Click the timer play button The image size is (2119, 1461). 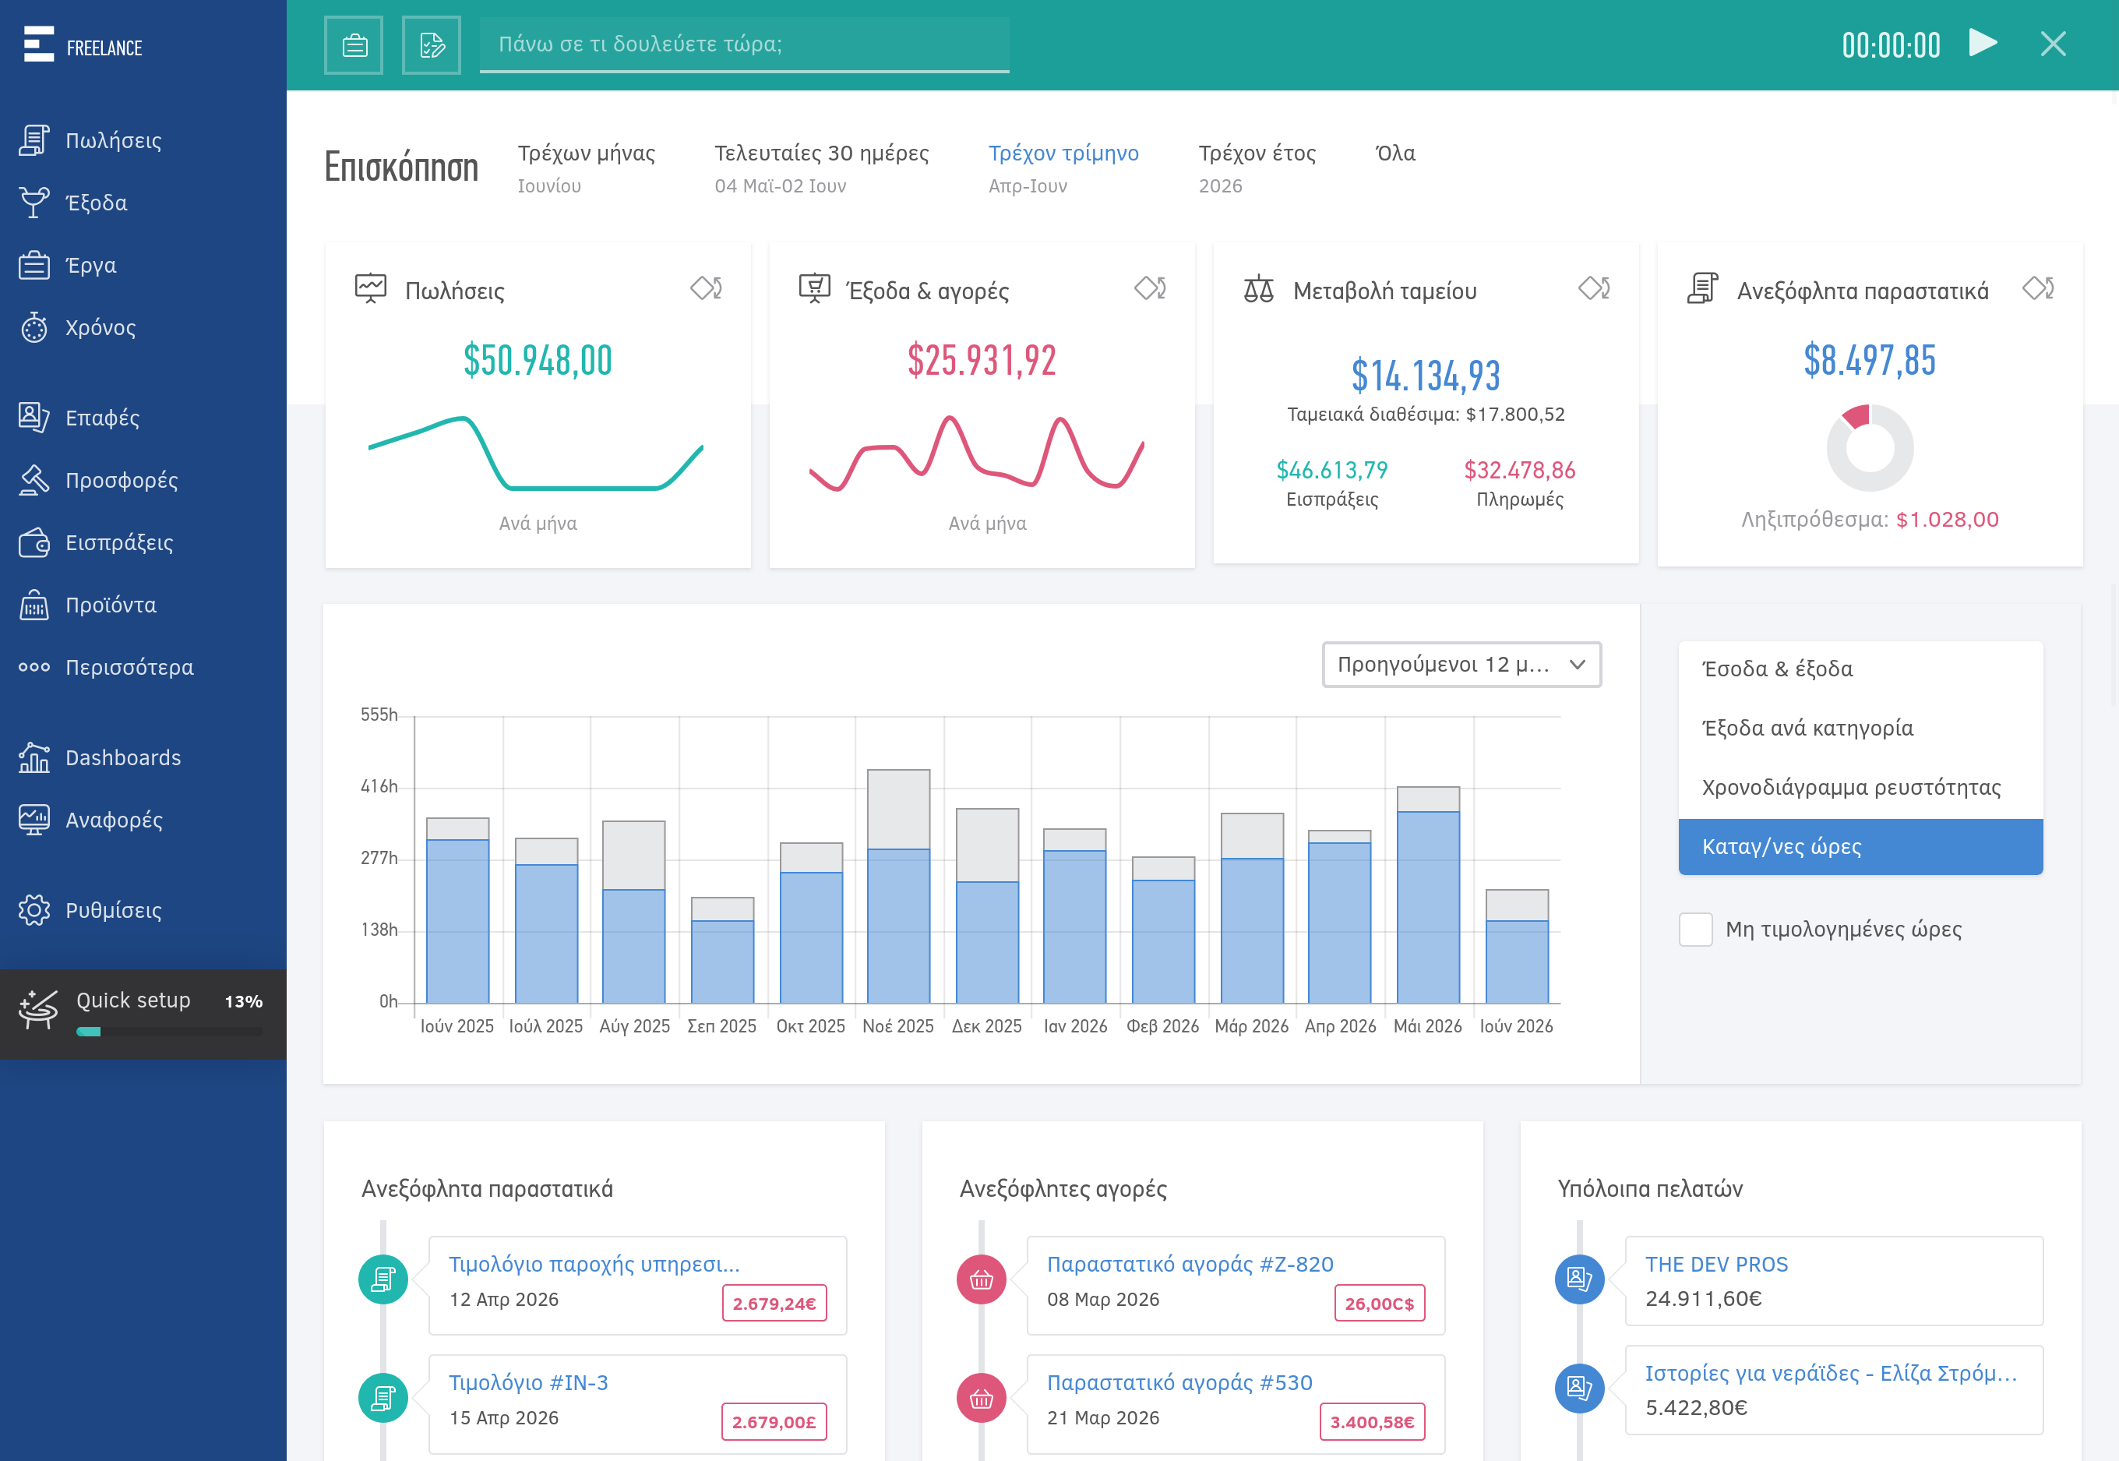click(1983, 43)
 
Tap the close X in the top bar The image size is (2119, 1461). click(2053, 43)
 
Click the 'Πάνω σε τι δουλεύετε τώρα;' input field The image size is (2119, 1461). click(743, 44)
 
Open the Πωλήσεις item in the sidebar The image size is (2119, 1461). click(113, 140)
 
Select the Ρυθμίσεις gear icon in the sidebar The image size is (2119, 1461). click(33, 910)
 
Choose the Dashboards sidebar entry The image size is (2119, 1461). click(122, 758)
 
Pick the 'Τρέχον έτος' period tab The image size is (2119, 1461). click(1257, 153)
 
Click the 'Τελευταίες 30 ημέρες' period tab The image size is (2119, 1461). click(821, 153)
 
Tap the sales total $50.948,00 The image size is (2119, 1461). click(538, 360)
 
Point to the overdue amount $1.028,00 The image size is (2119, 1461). click(1947, 520)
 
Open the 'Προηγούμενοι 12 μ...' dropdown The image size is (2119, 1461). click(1461, 665)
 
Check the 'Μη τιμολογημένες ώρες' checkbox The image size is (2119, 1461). click(1695, 929)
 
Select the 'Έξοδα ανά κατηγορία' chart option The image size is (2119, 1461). click(1807, 728)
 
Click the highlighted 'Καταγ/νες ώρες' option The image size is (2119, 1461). click(1860, 847)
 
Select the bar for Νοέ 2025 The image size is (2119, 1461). click(898, 886)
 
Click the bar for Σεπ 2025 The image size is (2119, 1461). click(722, 950)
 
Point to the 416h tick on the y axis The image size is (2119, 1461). click(379, 786)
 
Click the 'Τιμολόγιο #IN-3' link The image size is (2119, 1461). click(528, 1382)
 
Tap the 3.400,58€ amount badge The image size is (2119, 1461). click(1372, 1421)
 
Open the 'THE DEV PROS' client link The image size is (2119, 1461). click(1716, 1264)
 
